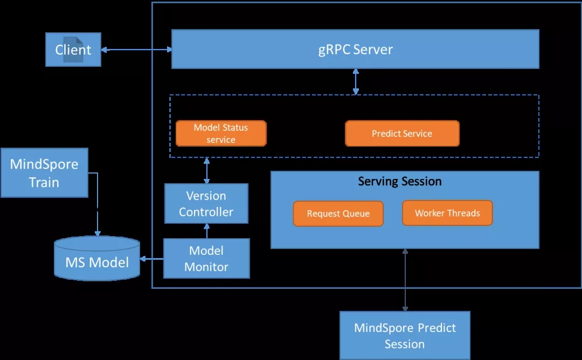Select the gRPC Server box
pyautogui.click(x=355, y=50)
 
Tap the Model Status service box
pyautogui.click(x=221, y=133)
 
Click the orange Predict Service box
pyautogui.click(x=402, y=134)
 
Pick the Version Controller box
pyautogui.click(x=206, y=204)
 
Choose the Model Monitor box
pyautogui.click(x=206, y=259)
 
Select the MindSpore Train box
pyautogui.click(x=44, y=173)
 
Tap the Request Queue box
pyautogui.click(x=338, y=213)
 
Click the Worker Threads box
pyautogui.click(x=447, y=213)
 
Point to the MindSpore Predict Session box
pyautogui.click(x=405, y=335)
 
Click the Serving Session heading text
pyautogui.click(x=400, y=182)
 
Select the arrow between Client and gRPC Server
pyautogui.click(x=136, y=50)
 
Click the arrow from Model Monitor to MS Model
pyautogui.click(x=151, y=259)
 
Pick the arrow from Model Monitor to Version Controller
pyautogui.click(x=206, y=231)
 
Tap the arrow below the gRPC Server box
pyautogui.click(x=356, y=81)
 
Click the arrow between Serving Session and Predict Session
pyautogui.click(x=405, y=280)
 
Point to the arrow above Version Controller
pyautogui.click(x=206, y=170)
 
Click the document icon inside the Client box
pyautogui.click(x=74, y=50)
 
